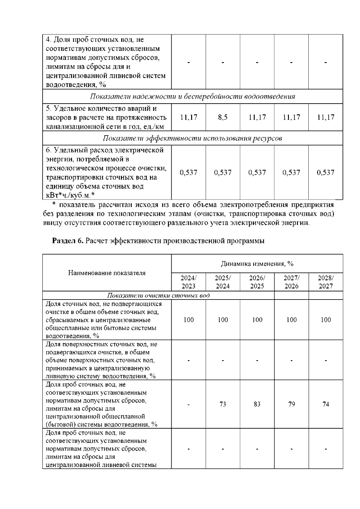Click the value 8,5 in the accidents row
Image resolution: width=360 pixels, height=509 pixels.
click(x=223, y=117)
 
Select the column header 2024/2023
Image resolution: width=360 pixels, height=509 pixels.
click(x=188, y=282)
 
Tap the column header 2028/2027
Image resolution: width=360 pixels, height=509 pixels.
click(x=326, y=282)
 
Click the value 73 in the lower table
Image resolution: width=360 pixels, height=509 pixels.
click(x=223, y=404)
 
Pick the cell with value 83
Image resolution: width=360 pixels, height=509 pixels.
click(x=257, y=404)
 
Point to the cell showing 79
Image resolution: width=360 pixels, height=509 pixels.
click(x=291, y=404)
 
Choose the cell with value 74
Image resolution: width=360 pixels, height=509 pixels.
click(x=326, y=404)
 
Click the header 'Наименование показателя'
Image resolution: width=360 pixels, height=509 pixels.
click(x=107, y=273)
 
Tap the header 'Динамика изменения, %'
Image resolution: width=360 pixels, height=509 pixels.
click(x=257, y=264)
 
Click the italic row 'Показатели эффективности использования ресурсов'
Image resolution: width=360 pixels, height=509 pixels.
click(x=192, y=138)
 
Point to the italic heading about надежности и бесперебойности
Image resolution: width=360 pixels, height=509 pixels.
click(x=192, y=97)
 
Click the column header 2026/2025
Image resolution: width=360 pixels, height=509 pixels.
click(x=257, y=282)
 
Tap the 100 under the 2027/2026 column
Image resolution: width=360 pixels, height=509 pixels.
click(x=291, y=320)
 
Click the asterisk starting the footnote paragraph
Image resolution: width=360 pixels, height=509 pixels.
click(x=54, y=205)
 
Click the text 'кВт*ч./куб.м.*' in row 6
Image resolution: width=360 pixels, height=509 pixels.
click(x=70, y=195)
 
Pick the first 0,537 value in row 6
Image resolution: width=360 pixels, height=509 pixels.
click(x=188, y=173)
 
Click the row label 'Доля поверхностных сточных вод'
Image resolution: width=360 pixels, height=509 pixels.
click(x=101, y=344)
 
